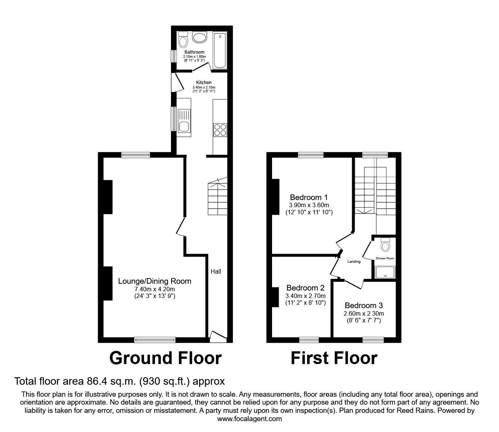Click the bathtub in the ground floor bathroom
pyautogui.click(x=220, y=51)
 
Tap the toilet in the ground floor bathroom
pyautogui.click(x=183, y=40)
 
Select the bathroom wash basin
pyautogui.click(x=199, y=38)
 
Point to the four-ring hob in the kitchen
pyautogui.click(x=220, y=129)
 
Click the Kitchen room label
pyautogui.click(x=204, y=83)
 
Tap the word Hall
pyautogui.click(x=216, y=271)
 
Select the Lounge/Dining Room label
pyautogui.click(x=154, y=281)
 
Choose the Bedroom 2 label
pyautogui.click(x=305, y=288)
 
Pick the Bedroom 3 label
pyautogui.click(x=364, y=306)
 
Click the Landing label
pyautogui.click(x=354, y=262)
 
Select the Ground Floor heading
pyautogui.click(x=165, y=358)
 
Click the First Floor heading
pyautogui.click(x=334, y=358)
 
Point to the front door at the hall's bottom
pyautogui.click(x=218, y=337)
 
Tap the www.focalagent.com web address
pyautogui.click(x=249, y=419)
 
